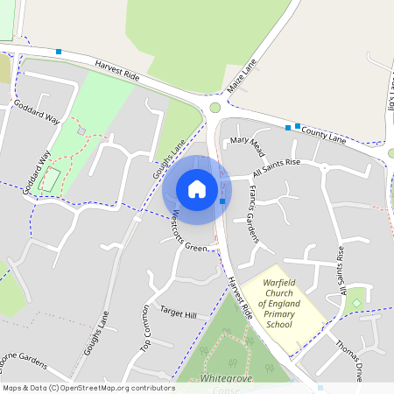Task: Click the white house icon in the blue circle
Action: coord(197,189)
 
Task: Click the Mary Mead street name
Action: coord(247,140)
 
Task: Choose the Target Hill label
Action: coord(179,313)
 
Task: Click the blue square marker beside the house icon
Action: coord(223,202)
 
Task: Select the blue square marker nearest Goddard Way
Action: coord(59,52)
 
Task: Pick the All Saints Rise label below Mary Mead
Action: coord(277,165)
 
